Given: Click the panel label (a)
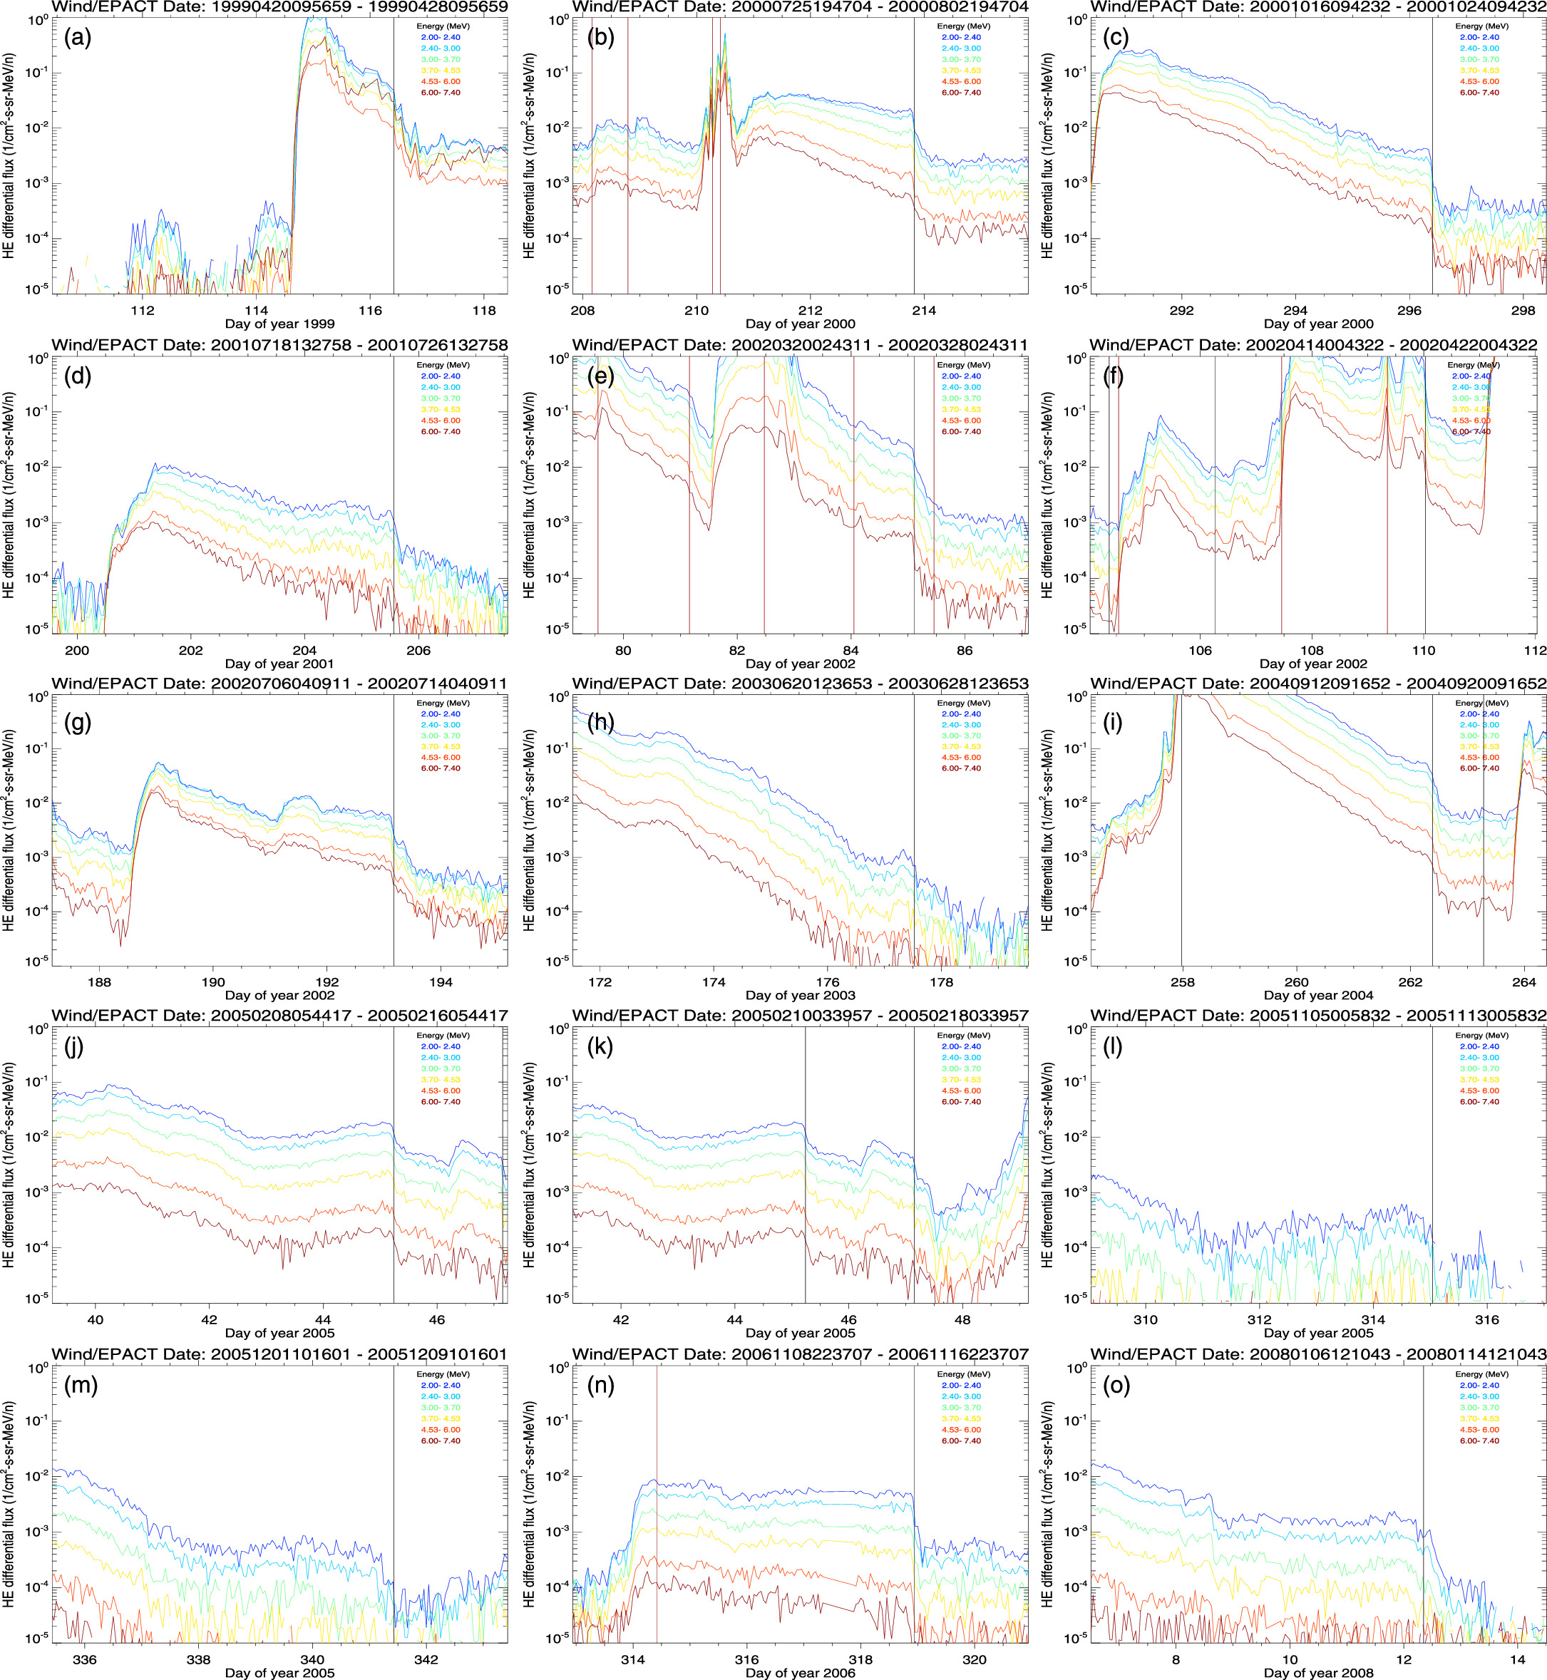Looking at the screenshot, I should [x=77, y=38].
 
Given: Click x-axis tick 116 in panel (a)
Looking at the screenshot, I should [x=370, y=311].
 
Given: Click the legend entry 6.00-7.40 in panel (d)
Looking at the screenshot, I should [x=441, y=432].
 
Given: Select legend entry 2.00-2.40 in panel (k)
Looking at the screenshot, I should [x=960, y=1046].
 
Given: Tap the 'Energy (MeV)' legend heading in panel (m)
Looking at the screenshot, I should [x=443, y=1374].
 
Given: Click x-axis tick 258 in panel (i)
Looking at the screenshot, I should [x=1182, y=982].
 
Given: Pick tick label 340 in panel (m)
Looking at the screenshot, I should [x=312, y=1659].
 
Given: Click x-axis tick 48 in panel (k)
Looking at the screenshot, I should [x=962, y=1320].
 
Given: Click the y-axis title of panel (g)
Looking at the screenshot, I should [x=9, y=830].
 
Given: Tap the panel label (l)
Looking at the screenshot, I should [x=1111, y=1047].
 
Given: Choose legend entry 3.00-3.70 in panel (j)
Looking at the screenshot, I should [x=441, y=1068].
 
